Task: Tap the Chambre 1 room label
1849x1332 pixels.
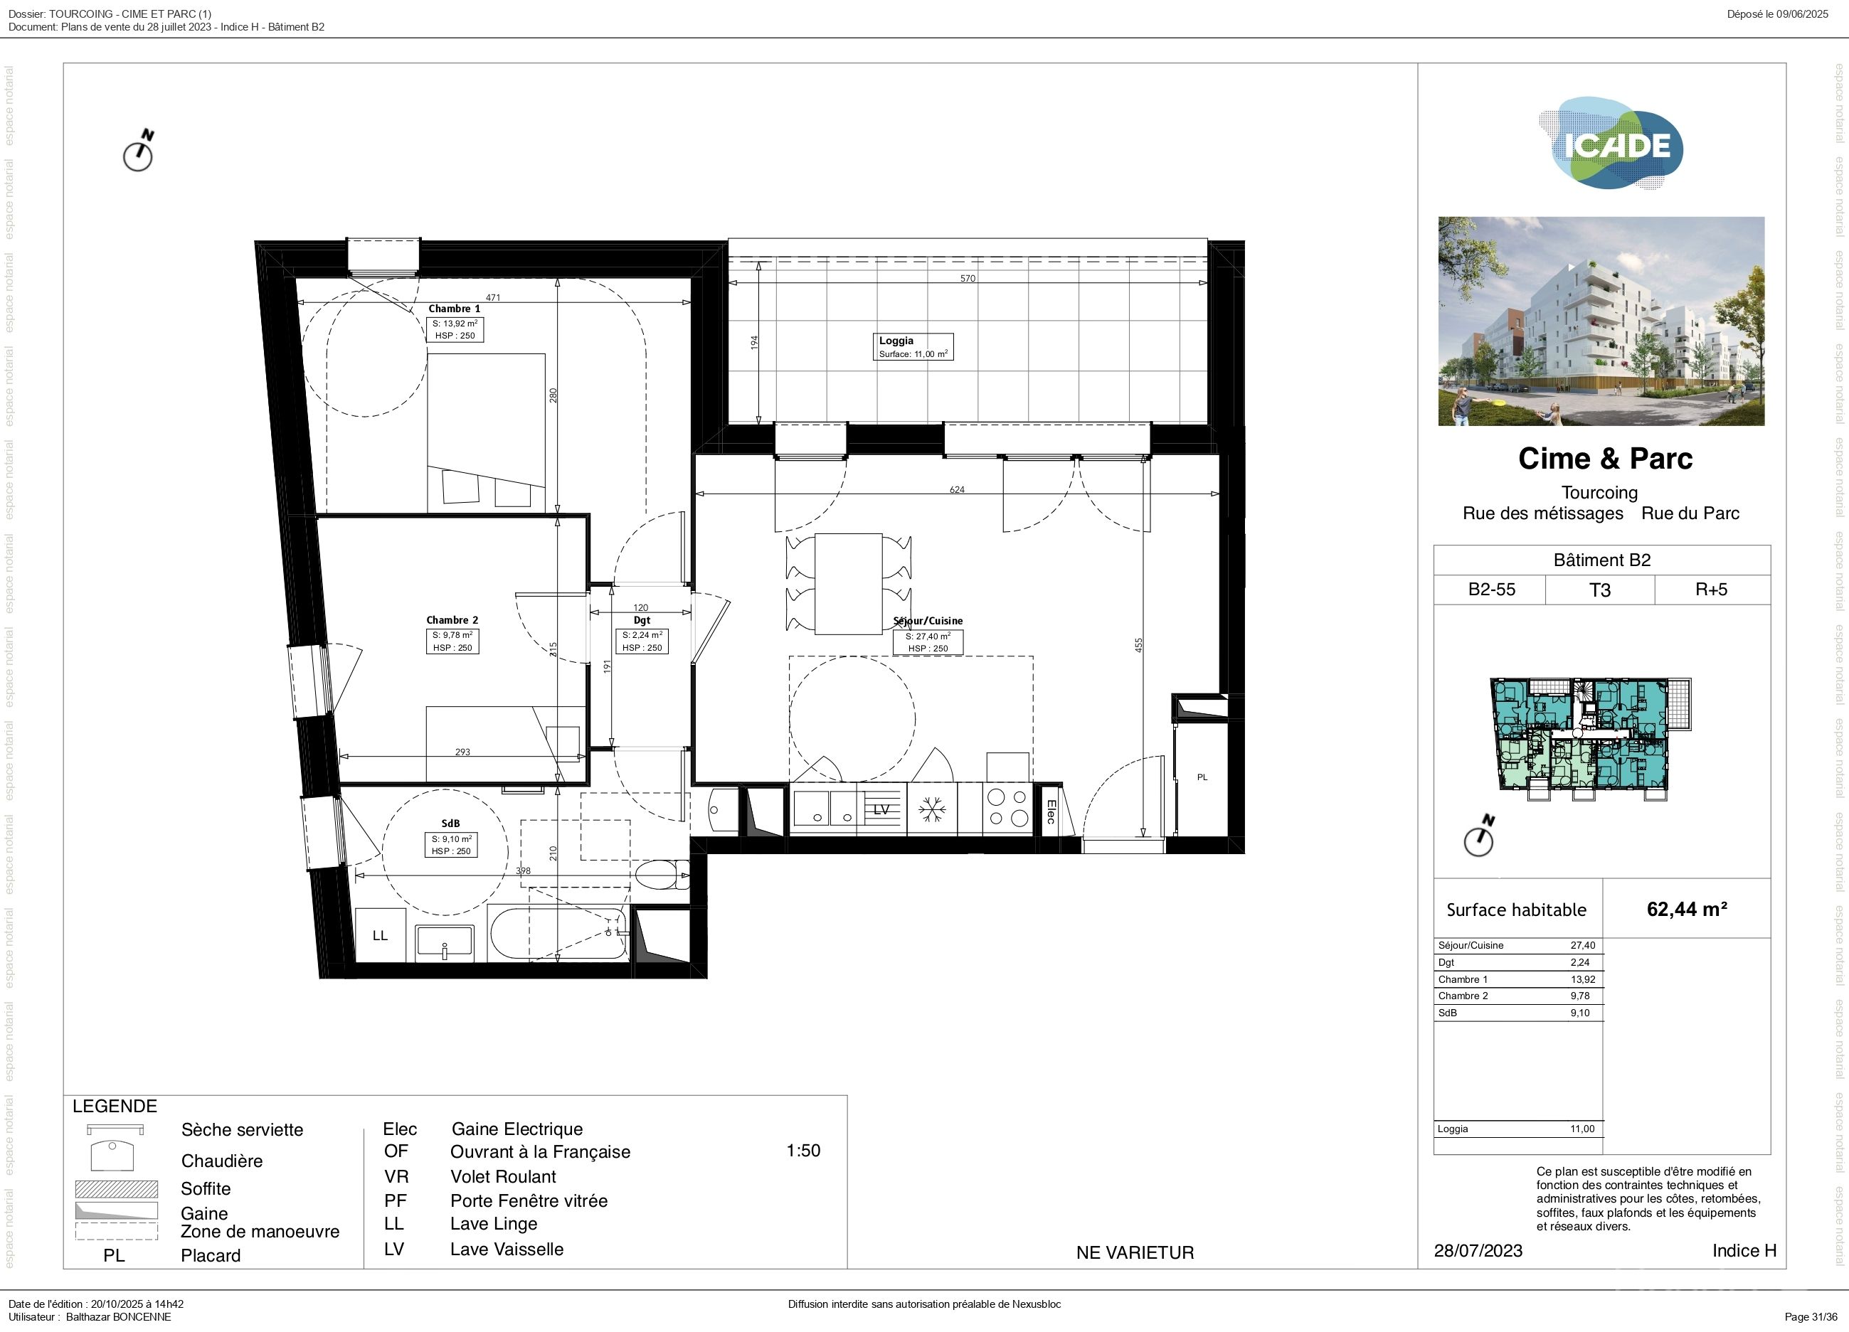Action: click(454, 308)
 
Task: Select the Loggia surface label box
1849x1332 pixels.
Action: click(912, 346)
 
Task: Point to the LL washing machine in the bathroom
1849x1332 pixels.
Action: click(381, 935)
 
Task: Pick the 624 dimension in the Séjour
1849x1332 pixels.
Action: click(957, 490)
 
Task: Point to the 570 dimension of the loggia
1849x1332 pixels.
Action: click(968, 278)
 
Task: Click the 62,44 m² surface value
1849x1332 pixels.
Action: click(1687, 909)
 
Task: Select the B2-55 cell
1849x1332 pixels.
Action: click(1491, 590)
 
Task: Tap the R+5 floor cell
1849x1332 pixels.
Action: click(1711, 590)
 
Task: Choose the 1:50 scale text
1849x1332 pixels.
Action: click(803, 1150)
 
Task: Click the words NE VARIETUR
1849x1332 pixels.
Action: click(1135, 1252)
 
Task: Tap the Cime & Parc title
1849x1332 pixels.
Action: click(1605, 458)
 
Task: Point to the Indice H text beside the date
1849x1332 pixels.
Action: click(1744, 1250)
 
